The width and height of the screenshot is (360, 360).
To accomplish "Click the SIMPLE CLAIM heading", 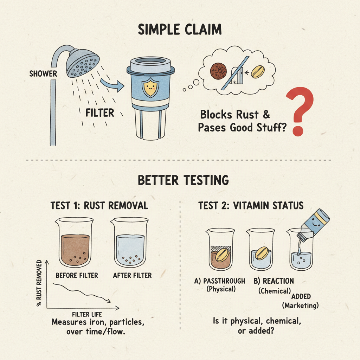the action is click(180, 30).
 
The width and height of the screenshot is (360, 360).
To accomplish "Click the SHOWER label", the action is click(43, 74).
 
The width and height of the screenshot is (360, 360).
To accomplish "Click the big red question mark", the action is click(300, 111).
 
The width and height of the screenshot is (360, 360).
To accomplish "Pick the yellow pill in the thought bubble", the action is click(258, 72).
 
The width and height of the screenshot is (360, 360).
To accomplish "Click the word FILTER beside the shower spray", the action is click(100, 113).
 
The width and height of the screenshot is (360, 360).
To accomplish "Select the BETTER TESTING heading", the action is click(183, 180).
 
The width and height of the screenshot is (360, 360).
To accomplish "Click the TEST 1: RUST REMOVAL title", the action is click(99, 205).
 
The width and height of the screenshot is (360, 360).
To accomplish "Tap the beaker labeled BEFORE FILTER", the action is click(75, 243).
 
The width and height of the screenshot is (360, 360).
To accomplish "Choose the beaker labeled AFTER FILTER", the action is click(130, 243).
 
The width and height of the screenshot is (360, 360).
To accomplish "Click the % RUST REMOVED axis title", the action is click(39, 283).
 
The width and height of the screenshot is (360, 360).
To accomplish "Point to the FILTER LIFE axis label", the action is click(87, 314).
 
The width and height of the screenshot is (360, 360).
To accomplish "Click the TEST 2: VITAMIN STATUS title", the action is click(251, 205).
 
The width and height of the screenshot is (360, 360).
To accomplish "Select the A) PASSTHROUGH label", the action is click(220, 281).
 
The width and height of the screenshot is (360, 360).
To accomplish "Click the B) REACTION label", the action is click(274, 281).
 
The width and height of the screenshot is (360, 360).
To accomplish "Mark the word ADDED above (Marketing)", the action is click(301, 296).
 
